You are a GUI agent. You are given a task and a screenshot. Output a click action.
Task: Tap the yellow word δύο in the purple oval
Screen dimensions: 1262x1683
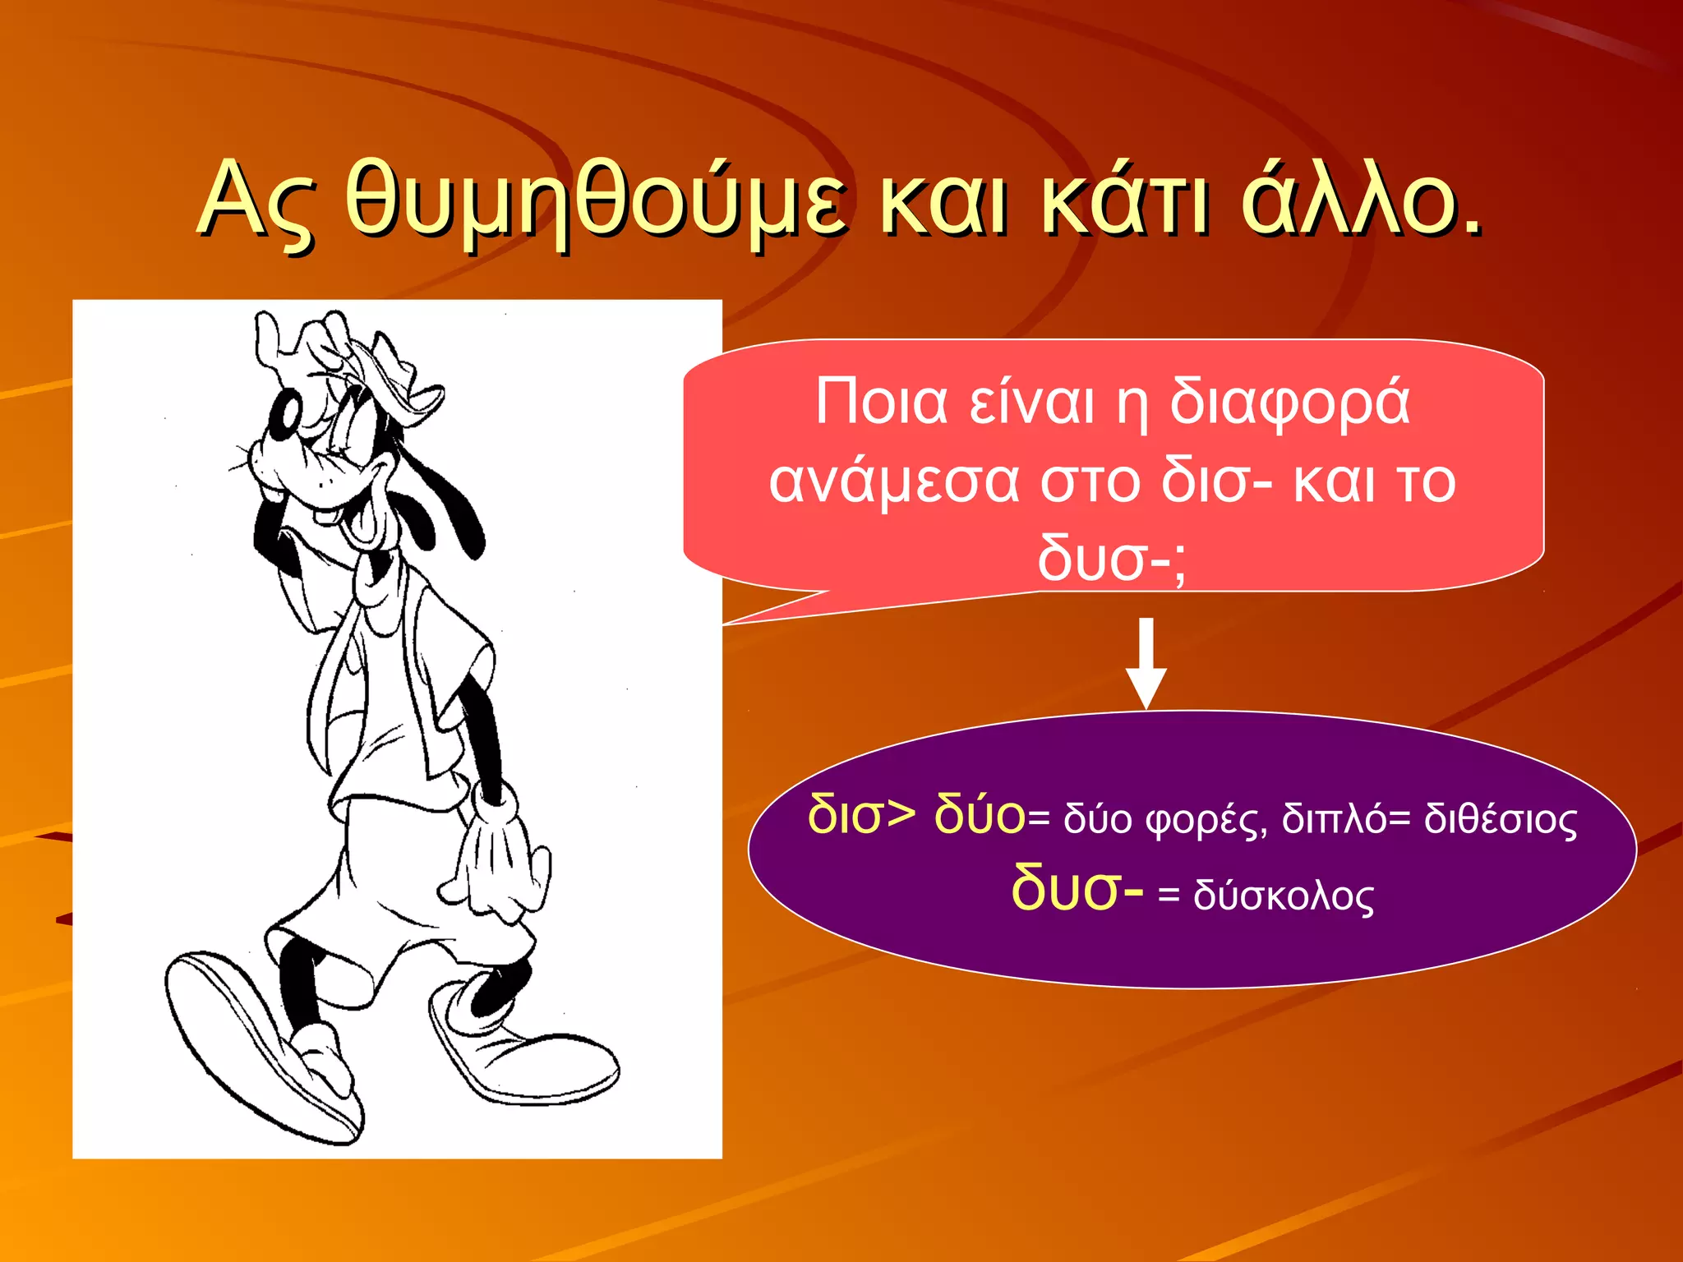pyautogui.click(x=980, y=816)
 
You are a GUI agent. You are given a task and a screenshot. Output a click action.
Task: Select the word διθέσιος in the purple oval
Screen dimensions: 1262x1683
pyautogui.click(x=1501, y=820)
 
